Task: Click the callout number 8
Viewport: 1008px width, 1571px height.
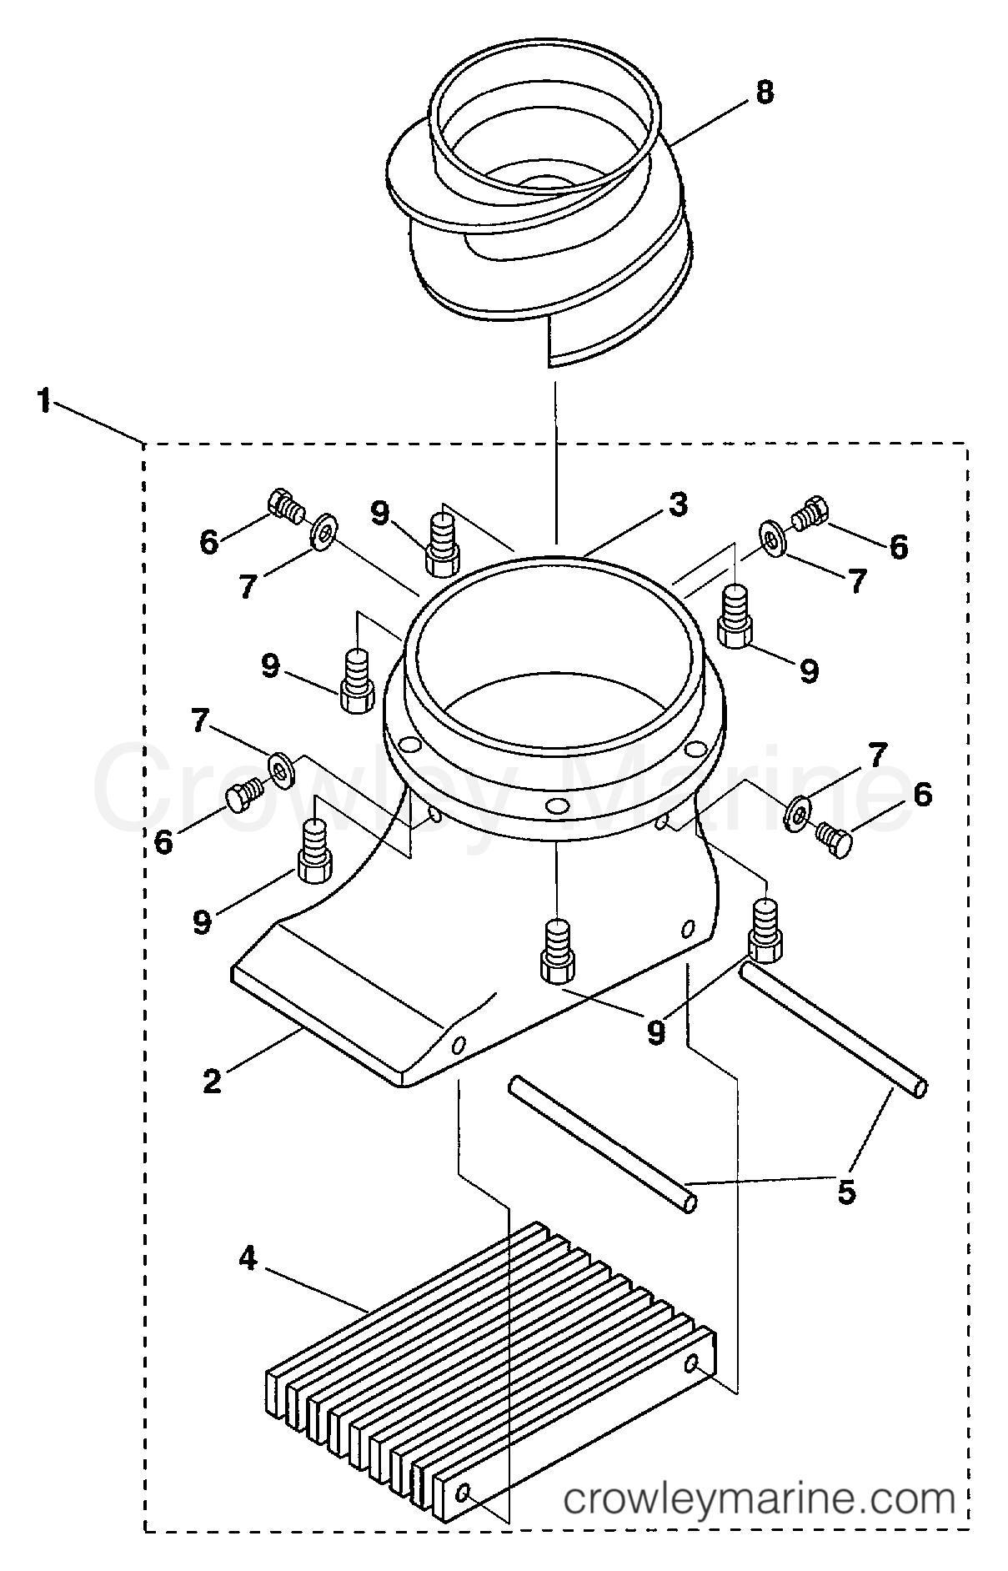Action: point(764,92)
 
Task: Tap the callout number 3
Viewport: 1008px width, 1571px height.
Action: point(677,504)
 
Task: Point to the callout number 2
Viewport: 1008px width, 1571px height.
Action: point(213,1081)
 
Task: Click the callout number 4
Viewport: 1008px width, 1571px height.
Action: point(248,1257)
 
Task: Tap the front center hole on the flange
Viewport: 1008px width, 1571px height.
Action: point(554,806)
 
